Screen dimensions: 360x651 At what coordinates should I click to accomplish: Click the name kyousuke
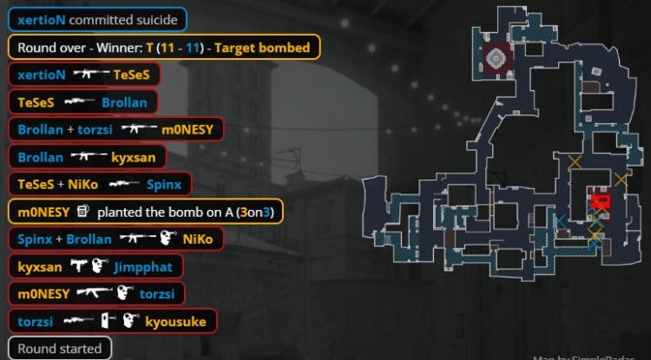pos(176,322)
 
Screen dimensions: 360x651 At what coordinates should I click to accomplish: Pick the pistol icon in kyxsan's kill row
pos(78,267)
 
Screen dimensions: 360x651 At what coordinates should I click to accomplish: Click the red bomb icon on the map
pos(600,201)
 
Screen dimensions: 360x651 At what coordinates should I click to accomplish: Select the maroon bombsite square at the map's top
pos(496,58)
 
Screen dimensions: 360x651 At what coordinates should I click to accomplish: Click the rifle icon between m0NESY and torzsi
pos(95,294)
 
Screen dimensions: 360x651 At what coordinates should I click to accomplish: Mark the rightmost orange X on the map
pos(620,180)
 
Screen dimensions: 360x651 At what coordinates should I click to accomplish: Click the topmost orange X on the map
pos(575,162)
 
